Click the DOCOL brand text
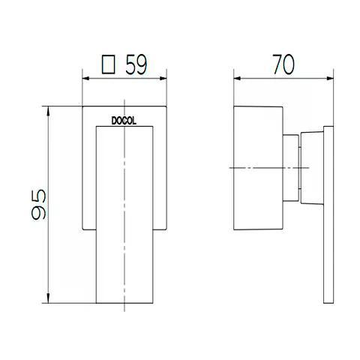[x=124, y=118]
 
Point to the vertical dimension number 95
[x=39, y=203]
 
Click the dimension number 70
[x=280, y=65]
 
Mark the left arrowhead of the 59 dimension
[x=83, y=77]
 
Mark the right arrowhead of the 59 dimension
[x=163, y=77]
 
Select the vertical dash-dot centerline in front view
[x=123, y=225]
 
